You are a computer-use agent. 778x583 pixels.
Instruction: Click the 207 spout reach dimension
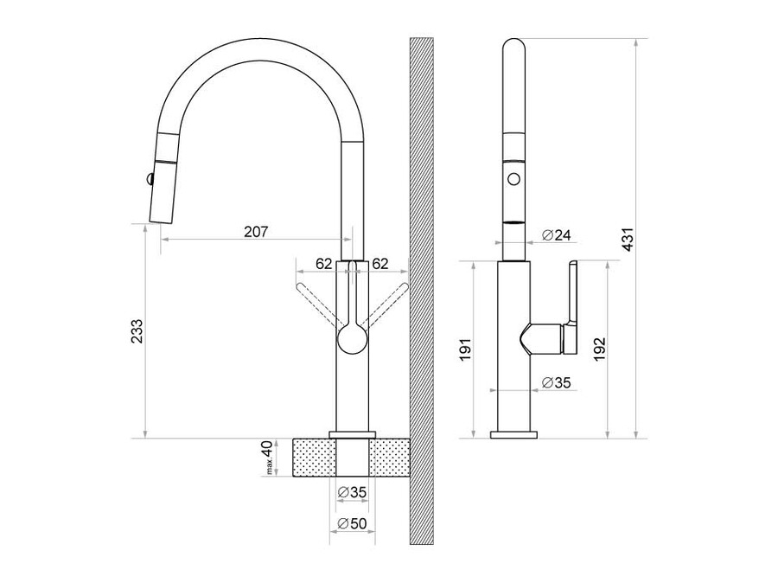tap(256, 232)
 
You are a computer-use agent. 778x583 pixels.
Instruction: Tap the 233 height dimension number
tap(137, 330)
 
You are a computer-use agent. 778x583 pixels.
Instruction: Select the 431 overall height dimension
tap(628, 240)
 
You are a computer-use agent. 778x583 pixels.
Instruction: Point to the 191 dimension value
tap(465, 349)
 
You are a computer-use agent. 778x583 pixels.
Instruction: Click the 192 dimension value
tap(599, 349)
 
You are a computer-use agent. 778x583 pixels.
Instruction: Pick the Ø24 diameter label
tap(556, 235)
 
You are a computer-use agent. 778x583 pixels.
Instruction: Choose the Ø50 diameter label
tap(352, 523)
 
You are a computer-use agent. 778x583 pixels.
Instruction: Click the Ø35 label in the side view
tap(556, 382)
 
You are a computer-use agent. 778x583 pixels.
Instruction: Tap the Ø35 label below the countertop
tap(352, 492)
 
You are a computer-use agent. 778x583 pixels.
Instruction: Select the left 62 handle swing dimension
tap(323, 264)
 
